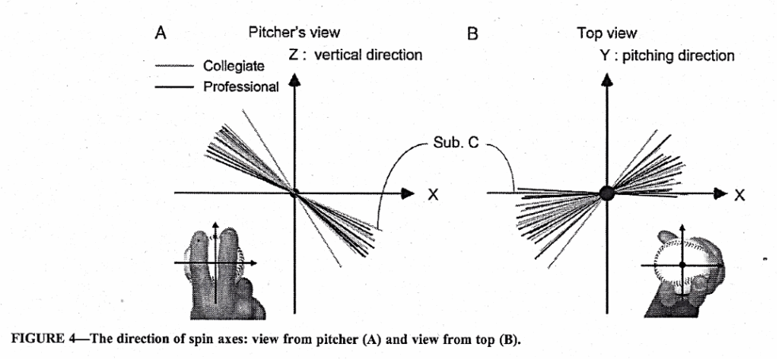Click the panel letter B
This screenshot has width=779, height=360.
pos(472,34)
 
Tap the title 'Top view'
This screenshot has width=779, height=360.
pos(607,33)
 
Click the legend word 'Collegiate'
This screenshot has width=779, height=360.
pos(234,67)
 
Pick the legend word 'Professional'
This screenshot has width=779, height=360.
pos(240,87)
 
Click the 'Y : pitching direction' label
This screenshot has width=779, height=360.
pos(667,56)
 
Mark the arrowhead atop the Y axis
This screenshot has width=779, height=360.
pos(606,78)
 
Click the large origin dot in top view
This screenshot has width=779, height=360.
pos(606,193)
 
